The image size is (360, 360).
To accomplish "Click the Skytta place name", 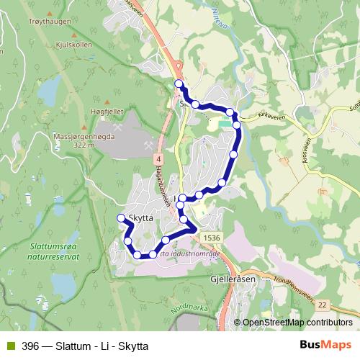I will pyautogui.click(x=139, y=217).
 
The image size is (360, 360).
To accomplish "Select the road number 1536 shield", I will pyautogui.click(x=211, y=238).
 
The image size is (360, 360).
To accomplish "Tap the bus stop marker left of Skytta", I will pyautogui.click(x=121, y=218).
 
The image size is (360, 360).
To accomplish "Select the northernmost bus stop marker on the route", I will pyautogui.click(x=179, y=84).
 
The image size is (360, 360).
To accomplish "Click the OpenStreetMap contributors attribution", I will pyautogui.click(x=296, y=323).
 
